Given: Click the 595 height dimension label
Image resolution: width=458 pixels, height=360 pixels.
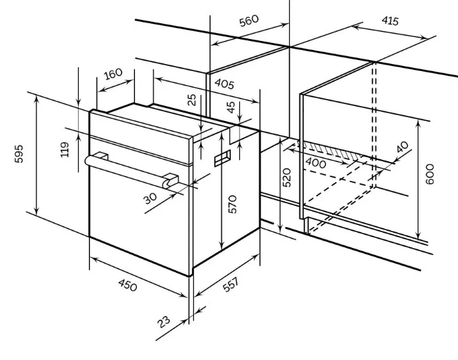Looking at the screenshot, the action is point(19,154).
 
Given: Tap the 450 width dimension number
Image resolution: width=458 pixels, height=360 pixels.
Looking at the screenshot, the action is point(128,285).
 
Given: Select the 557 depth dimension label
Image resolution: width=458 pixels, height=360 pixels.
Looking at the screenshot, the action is point(231,285).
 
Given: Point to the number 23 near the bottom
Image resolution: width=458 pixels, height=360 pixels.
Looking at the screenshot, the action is point(164,322).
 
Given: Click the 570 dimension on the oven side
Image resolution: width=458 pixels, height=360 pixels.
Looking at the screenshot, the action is point(232,205).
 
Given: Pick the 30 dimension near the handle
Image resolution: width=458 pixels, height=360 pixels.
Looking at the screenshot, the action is point(151,198).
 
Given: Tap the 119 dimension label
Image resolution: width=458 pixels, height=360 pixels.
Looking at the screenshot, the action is point(65,150).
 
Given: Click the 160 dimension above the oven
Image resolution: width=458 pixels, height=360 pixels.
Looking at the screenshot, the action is point(113,74).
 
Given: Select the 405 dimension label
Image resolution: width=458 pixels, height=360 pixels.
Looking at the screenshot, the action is point(225,84).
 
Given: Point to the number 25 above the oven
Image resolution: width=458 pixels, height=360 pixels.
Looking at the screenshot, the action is point(192,100).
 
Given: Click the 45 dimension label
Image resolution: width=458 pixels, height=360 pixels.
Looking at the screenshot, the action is point(231,107).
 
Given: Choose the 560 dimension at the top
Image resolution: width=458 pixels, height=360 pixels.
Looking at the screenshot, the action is point(249,20).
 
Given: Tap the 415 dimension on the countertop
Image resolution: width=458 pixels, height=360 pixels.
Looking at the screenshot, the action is point(390,20).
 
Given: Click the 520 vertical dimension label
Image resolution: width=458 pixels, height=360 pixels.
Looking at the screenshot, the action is point(287,178).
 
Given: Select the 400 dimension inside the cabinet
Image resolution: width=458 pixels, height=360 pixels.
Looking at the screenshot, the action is point(315,163).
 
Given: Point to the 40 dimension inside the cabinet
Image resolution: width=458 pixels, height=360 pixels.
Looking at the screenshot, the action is point(402,147).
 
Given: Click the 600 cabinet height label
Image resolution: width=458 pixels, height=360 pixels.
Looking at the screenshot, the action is point(430,175).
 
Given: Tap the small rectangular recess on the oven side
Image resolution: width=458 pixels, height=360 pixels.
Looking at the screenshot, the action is point(223,158).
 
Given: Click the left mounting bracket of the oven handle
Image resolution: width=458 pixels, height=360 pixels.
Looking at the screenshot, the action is point(101,157).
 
